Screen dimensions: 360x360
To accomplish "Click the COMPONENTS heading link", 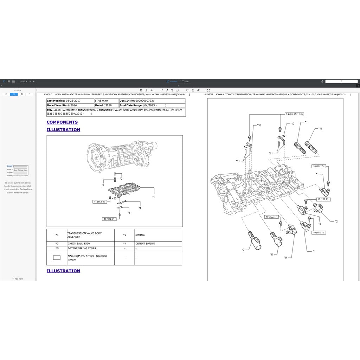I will [62, 122].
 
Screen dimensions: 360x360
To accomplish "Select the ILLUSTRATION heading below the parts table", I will [63, 271].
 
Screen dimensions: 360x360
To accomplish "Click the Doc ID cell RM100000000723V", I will [152, 101].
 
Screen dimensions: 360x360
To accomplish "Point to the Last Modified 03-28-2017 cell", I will [70, 101].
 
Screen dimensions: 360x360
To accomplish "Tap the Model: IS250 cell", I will [107, 105].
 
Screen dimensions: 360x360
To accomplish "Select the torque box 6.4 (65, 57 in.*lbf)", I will [294, 114].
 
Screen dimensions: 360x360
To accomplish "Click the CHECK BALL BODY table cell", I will [90, 244].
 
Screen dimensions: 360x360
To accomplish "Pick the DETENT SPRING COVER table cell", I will [90, 248].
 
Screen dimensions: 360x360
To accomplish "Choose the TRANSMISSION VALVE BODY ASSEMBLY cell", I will [90, 235].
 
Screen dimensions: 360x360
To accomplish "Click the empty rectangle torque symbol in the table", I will [57, 258].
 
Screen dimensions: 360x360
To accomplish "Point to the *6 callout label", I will [306, 122].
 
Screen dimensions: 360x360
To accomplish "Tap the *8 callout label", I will [320, 129].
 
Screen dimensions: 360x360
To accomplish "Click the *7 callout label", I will [243, 250].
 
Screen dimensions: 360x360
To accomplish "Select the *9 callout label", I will [286, 257].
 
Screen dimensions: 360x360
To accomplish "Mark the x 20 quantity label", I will [114, 198].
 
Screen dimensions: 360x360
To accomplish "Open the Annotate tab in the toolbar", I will [172, 81].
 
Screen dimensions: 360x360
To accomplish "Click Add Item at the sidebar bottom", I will [18, 279].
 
